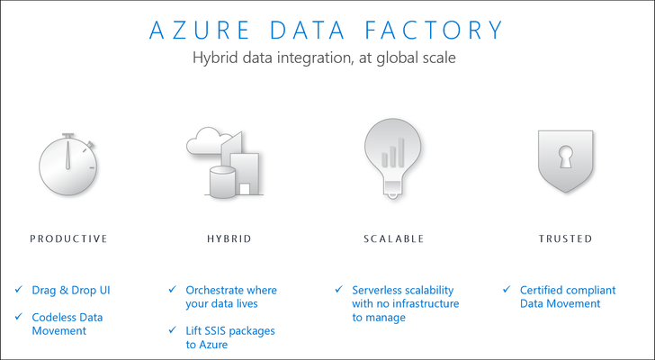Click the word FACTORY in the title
434,30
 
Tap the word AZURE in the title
200,30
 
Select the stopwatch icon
68,165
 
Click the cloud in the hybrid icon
208,140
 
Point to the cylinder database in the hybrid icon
222,182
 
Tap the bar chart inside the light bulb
393,152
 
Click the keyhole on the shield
566,157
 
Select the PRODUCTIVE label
69,238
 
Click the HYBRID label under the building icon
229,238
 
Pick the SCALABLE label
393,238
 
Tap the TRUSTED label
565,238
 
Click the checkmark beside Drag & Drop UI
19,289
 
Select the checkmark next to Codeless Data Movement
19,316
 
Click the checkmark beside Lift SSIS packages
173,330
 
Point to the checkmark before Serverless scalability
339,289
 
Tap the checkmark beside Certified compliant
507,289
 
